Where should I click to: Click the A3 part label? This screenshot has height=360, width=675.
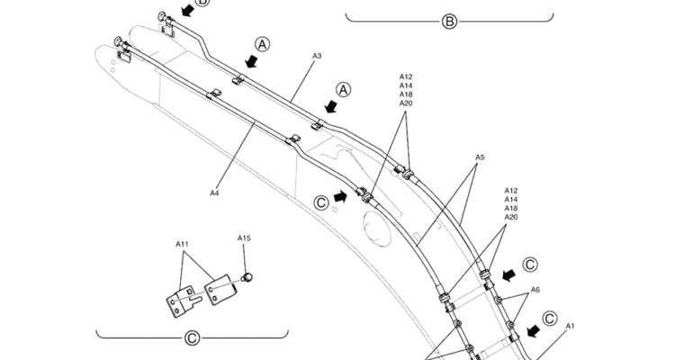(x=317, y=56)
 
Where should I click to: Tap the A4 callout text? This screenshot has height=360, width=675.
(x=214, y=192)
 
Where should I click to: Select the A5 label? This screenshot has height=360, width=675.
(x=480, y=157)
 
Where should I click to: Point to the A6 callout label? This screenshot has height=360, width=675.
(x=535, y=290)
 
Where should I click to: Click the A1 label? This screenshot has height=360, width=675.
(x=571, y=326)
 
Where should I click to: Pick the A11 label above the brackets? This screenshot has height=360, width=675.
(x=182, y=244)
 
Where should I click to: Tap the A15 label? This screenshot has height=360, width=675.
(x=244, y=238)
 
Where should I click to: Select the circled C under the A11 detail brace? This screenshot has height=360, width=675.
(x=192, y=338)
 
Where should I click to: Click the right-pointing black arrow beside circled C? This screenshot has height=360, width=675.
(x=340, y=195)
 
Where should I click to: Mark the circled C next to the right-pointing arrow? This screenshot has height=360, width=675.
(x=321, y=202)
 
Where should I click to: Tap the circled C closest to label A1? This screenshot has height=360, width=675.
(x=550, y=317)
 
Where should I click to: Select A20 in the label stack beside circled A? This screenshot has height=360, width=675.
(x=406, y=103)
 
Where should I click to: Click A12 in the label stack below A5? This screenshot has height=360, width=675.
(x=511, y=191)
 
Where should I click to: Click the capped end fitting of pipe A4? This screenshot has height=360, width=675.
(x=118, y=40)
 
